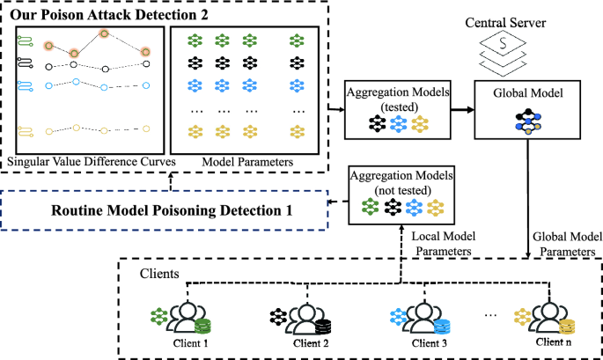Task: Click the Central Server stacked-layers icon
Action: click(x=503, y=54)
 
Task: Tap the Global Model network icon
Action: click(x=528, y=121)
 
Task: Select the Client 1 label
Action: click(x=190, y=343)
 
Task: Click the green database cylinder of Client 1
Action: click(x=202, y=327)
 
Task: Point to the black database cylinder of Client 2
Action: click(x=323, y=327)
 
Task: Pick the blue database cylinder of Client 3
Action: click(x=442, y=327)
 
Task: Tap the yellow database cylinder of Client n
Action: click(x=566, y=327)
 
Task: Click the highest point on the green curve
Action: click(x=104, y=33)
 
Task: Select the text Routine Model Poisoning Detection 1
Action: click(x=172, y=210)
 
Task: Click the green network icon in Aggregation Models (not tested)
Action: click(x=370, y=206)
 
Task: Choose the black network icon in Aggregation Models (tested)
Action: click(x=378, y=124)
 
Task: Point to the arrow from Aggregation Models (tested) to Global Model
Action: click(x=462, y=110)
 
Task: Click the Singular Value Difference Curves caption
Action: click(x=92, y=161)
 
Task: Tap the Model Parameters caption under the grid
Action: click(x=247, y=162)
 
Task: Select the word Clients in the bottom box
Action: click(x=159, y=274)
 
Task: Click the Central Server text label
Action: click(x=505, y=23)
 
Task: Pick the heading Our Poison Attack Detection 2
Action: click(x=109, y=15)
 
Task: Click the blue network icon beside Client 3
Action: click(x=398, y=318)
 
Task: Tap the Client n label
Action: click(x=554, y=342)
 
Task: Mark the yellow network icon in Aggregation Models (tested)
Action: click(x=420, y=124)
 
